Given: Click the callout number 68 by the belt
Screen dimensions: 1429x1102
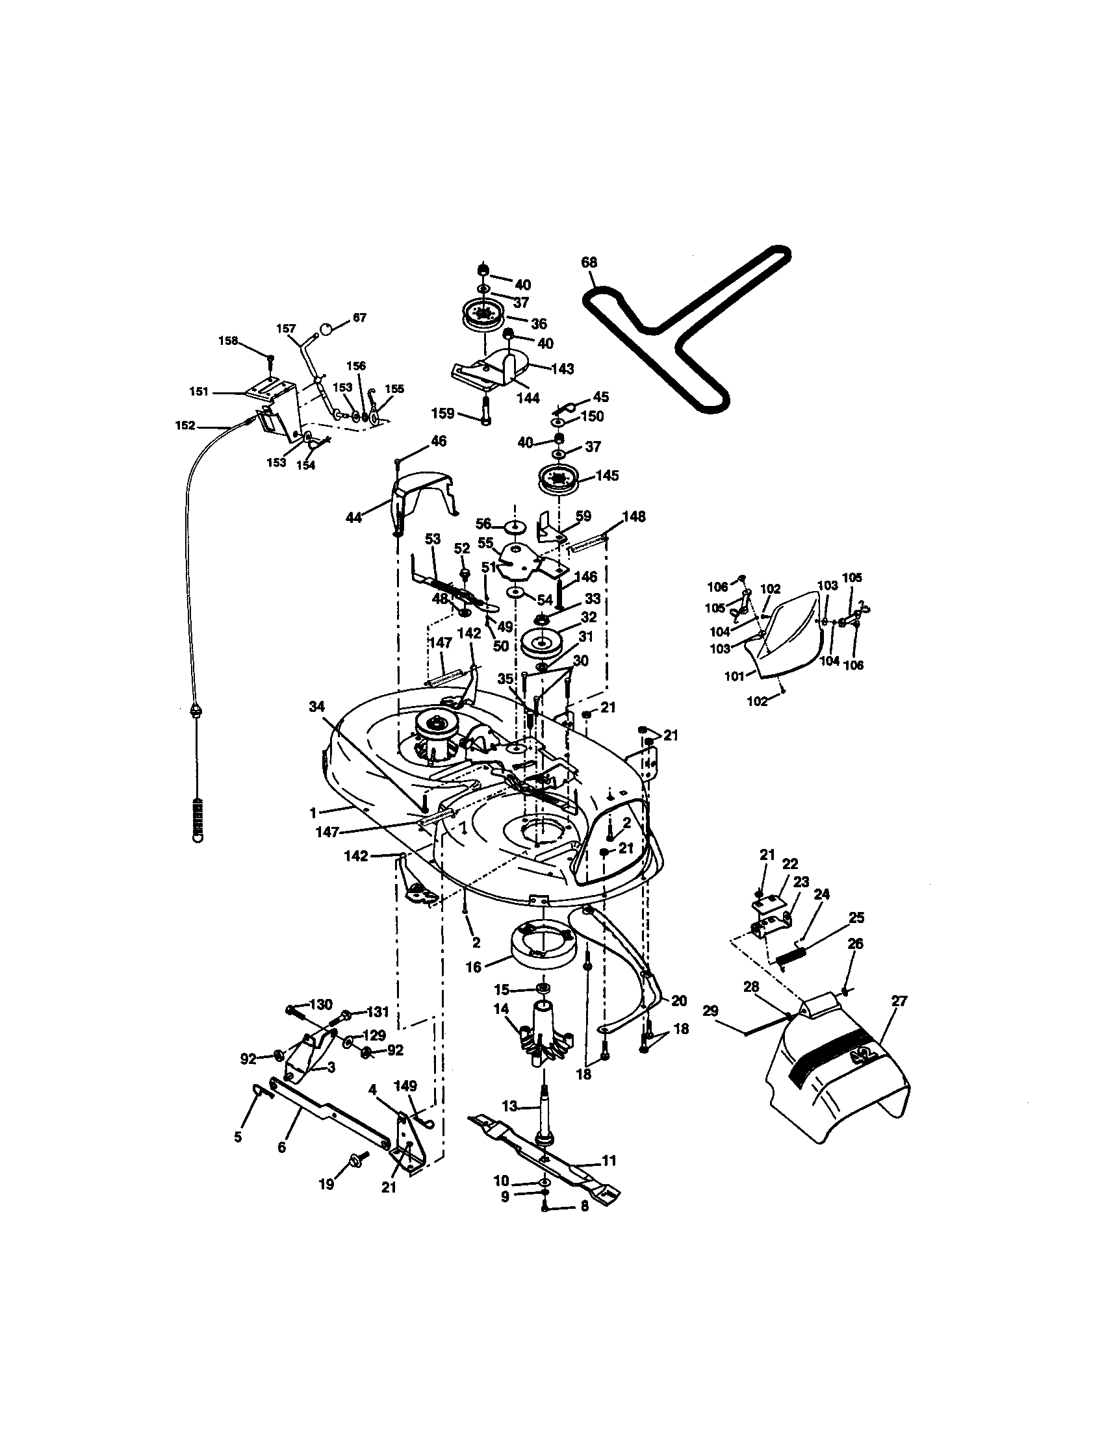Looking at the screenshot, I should [589, 262].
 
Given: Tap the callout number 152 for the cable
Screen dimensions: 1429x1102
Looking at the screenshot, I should [185, 426].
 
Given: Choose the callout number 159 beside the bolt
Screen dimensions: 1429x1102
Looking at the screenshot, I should [443, 414].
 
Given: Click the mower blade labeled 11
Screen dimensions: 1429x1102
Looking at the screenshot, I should [543, 1160].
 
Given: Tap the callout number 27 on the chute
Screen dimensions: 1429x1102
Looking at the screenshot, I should [899, 1000].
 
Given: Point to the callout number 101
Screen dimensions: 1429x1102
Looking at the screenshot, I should [734, 677].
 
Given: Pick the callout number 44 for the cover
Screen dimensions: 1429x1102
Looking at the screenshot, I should [354, 518].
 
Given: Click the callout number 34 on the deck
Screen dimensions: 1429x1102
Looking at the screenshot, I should [316, 706].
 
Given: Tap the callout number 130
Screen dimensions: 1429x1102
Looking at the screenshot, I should [320, 1005].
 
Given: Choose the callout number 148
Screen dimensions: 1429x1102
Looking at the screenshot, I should [634, 517].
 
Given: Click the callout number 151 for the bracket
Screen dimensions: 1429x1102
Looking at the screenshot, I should [199, 392].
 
